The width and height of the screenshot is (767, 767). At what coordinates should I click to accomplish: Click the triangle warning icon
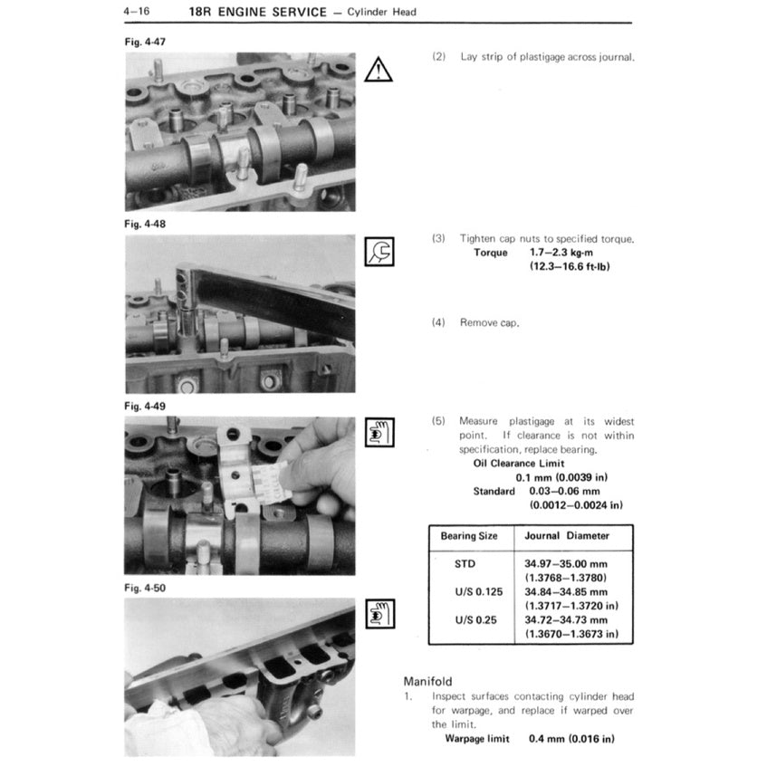[x=379, y=70]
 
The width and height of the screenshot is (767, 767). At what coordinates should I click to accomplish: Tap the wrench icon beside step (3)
[x=379, y=251]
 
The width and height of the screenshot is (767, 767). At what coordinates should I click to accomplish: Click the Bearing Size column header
[x=469, y=535]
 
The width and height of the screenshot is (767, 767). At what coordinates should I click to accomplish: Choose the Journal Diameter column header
[x=567, y=535]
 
